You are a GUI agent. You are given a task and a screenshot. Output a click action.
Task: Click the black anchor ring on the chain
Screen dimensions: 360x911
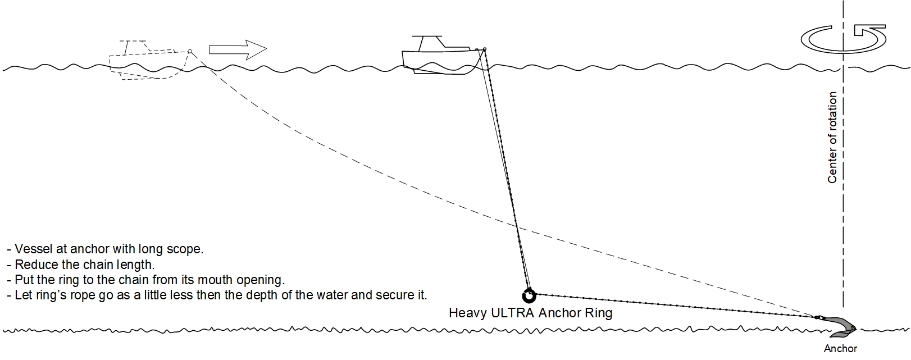click(x=529, y=294)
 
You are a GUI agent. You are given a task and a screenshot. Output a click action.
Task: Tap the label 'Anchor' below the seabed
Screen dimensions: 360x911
click(x=840, y=349)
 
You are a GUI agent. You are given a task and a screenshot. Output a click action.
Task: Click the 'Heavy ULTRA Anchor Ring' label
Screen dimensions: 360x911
click(x=530, y=313)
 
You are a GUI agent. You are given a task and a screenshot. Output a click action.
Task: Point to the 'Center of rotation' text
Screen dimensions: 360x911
click(x=832, y=138)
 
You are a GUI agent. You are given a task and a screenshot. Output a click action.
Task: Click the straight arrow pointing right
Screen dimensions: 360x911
click(x=237, y=49)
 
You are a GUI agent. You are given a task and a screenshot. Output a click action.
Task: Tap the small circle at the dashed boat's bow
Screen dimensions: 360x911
click(x=190, y=51)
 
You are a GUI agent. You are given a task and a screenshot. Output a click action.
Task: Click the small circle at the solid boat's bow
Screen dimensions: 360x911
click(x=484, y=49)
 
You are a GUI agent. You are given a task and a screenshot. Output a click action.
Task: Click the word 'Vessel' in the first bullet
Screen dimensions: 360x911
click(x=33, y=249)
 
